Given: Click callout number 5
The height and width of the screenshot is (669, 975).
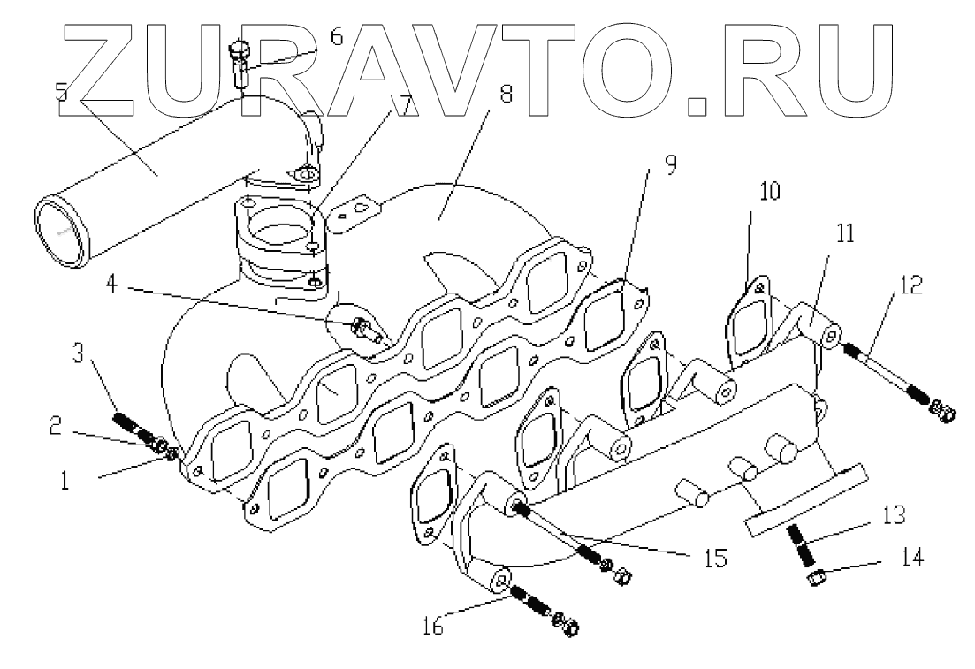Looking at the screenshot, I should click(x=61, y=91).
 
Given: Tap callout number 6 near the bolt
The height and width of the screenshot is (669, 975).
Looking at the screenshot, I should click(x=337, y=36).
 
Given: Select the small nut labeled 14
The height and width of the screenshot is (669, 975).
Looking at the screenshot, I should click(x=813, y=579).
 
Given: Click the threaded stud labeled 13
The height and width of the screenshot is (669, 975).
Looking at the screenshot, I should click(x=803, y=544).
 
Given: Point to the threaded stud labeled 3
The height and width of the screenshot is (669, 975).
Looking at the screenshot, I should click(x=129, y=422).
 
